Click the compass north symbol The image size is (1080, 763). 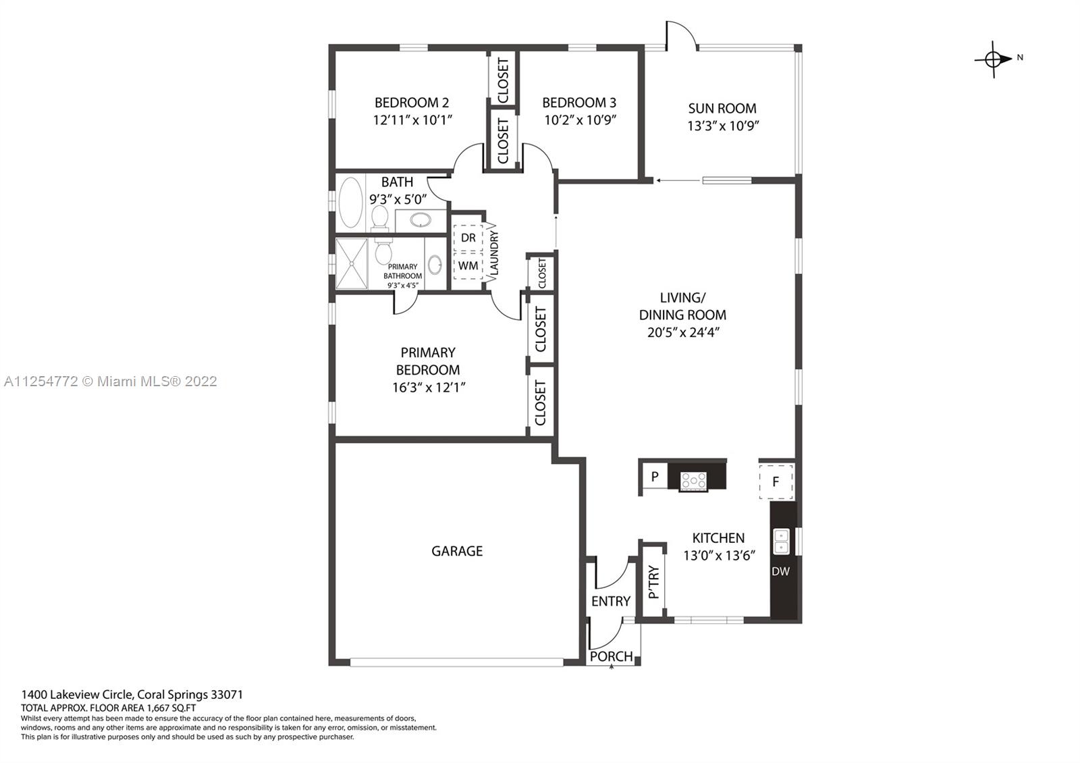[993, 59]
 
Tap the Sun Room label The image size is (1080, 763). [722, 108]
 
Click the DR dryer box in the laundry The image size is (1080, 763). [468, 238]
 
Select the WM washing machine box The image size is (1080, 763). [468, 266]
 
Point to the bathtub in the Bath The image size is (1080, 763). [350, 203]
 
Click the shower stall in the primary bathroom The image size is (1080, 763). [352, 264]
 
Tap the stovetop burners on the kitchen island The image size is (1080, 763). [693, 481]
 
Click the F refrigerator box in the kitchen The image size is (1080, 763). [776, 481]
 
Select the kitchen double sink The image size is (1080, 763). [781, 541]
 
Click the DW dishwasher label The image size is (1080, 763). [780, 571]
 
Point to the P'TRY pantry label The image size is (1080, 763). [653, 581]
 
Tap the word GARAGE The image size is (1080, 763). [456, 551]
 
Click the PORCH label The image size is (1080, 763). [611, 656]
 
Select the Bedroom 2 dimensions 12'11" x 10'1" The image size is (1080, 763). [412, 120]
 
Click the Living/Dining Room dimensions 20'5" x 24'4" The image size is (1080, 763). [683, 332]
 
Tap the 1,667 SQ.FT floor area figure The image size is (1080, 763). [171, 708]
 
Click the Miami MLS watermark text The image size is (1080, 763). [111, 381]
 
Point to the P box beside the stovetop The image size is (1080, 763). [655, 477]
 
